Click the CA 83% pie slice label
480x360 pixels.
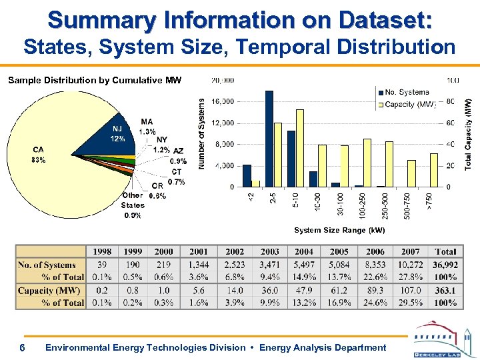tap(38, 155)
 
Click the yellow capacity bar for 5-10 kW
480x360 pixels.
tap(300, 147)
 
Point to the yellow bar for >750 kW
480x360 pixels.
tap(434, 170)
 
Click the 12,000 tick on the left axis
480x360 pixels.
tap(223, 123)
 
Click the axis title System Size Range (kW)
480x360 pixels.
tap(339, 230)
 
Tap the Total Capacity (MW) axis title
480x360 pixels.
tap(468, 133)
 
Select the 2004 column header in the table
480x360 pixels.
tap(304, 252)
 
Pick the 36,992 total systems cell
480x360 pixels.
tap(445, 265)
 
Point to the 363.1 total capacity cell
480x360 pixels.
tap(445, 291)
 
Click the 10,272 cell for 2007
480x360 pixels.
tap(411, 265)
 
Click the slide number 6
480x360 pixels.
tap(23, 348)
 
